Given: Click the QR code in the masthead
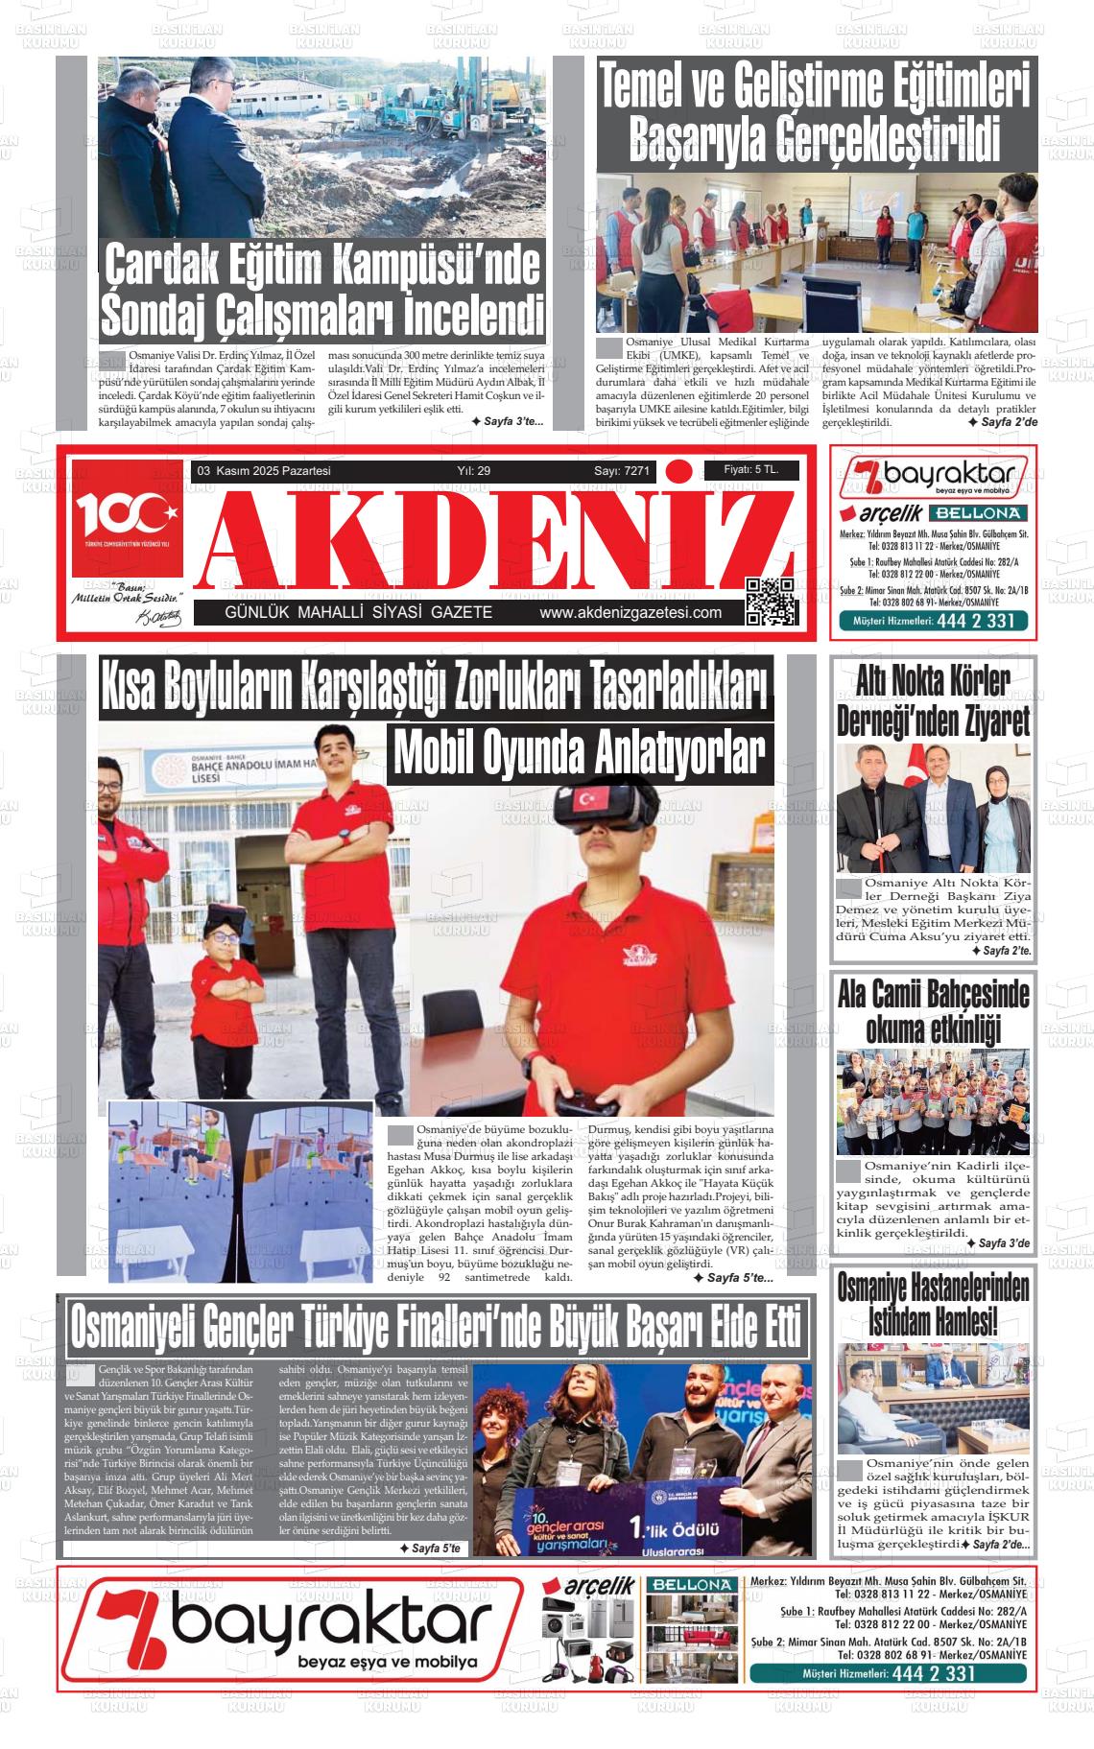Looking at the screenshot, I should [771, 602].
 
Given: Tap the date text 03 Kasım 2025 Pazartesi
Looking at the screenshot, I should [263, 471].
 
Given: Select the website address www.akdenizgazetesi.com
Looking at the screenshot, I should [630, 613].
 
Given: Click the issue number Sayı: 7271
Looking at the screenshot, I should [622, 471].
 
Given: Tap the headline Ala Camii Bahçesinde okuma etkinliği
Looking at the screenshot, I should [933, 1011].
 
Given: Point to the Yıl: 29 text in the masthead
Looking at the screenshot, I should [473, 471].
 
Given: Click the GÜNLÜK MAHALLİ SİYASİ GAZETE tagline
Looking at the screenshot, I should [358, 613].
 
